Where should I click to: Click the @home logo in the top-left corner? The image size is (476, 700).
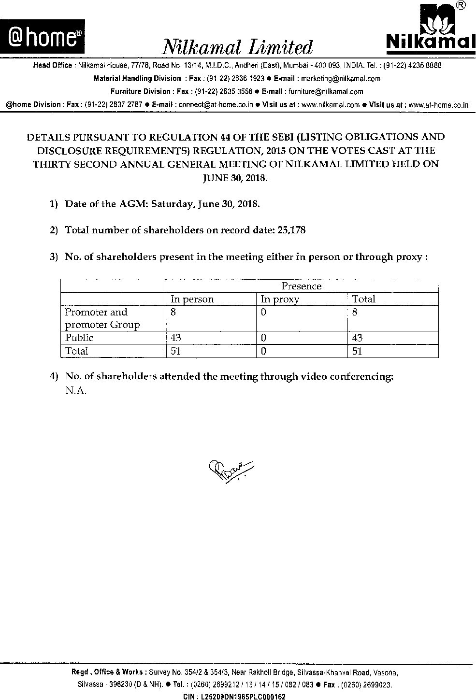[x=43, y=37]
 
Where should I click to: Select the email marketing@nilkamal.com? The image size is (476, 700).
[x=341, y=78]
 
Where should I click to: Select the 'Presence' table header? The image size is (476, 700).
[x=301, y=286]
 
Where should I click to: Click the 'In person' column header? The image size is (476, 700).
[x=192, y=299]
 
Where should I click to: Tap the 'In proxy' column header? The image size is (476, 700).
[x=280, y=299]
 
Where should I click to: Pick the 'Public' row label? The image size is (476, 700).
[x=79, y=338]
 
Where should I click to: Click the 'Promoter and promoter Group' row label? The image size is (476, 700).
[x=102, y=318]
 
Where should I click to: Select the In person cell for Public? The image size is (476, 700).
[x=175, y=338]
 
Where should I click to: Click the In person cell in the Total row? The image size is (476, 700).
[x=175, y=351]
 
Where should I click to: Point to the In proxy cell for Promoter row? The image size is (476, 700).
[x=263, y=313]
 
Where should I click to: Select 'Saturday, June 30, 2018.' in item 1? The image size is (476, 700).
[x=205, y=203]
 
